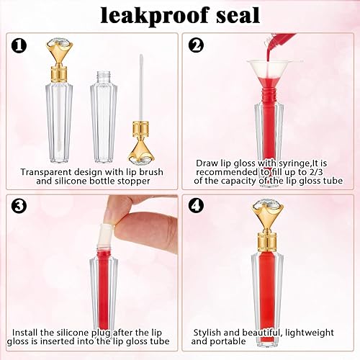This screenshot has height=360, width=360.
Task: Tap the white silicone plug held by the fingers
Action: pos(113,230)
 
